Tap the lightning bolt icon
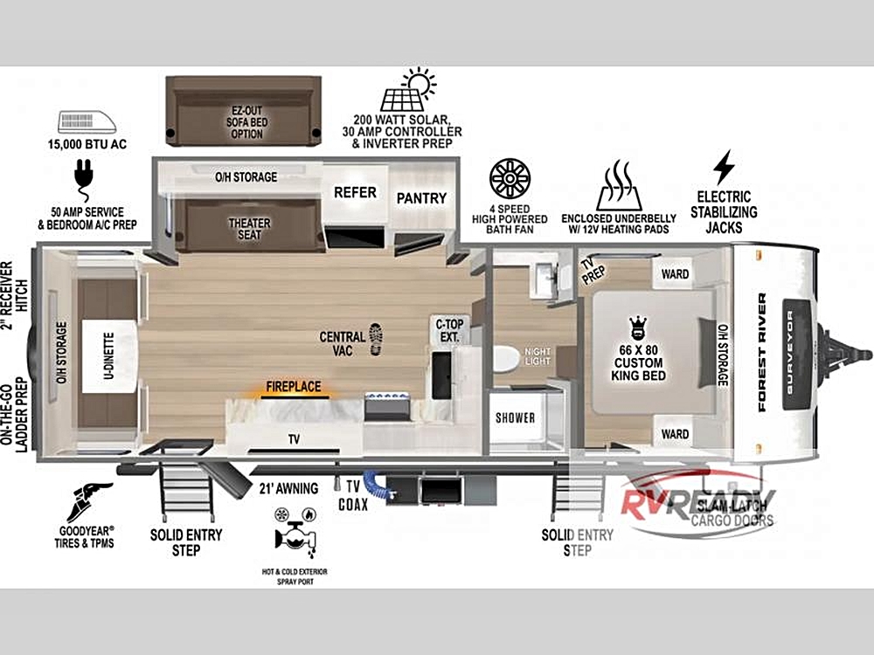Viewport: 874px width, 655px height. click(x=724, y=167)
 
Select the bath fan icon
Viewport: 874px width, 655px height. click(x=510, y=178)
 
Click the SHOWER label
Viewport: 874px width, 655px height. click(x=515, y=417)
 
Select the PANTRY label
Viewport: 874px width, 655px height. click(x=421, y=198)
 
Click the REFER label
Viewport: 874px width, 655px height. click(x=355, y=192)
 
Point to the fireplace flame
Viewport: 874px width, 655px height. click(x=293, y=394)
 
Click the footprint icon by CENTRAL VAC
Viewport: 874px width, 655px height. click(x=376, y=338)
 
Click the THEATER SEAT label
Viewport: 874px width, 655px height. click(x=249, y=229)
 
